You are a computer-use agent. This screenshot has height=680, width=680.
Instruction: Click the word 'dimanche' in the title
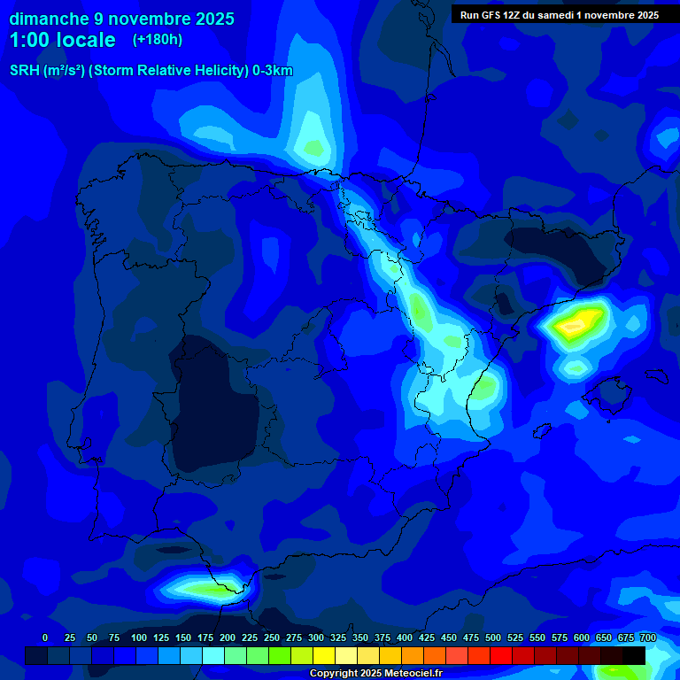(x=48, y=19)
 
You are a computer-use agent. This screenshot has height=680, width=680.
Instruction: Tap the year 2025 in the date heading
(x=207, y=19)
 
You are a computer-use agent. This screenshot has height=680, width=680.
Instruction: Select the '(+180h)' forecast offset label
(x=158, y=40)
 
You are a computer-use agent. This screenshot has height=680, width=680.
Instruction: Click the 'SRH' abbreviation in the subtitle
(x=25, y=71)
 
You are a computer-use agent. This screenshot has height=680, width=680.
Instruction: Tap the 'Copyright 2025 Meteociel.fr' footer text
(x=375, y=673)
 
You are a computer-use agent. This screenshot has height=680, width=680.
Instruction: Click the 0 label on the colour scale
(x=45, y=638)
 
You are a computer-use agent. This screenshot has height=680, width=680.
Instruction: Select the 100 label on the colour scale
(x=139, y=638)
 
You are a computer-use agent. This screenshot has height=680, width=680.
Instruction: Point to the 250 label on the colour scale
(x=272, y=638)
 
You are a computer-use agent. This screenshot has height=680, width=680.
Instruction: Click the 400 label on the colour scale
(x=405, y=638)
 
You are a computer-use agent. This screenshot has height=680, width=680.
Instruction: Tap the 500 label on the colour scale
(x=493, y=638)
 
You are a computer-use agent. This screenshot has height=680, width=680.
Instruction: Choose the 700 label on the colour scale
(x=648, y=638)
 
